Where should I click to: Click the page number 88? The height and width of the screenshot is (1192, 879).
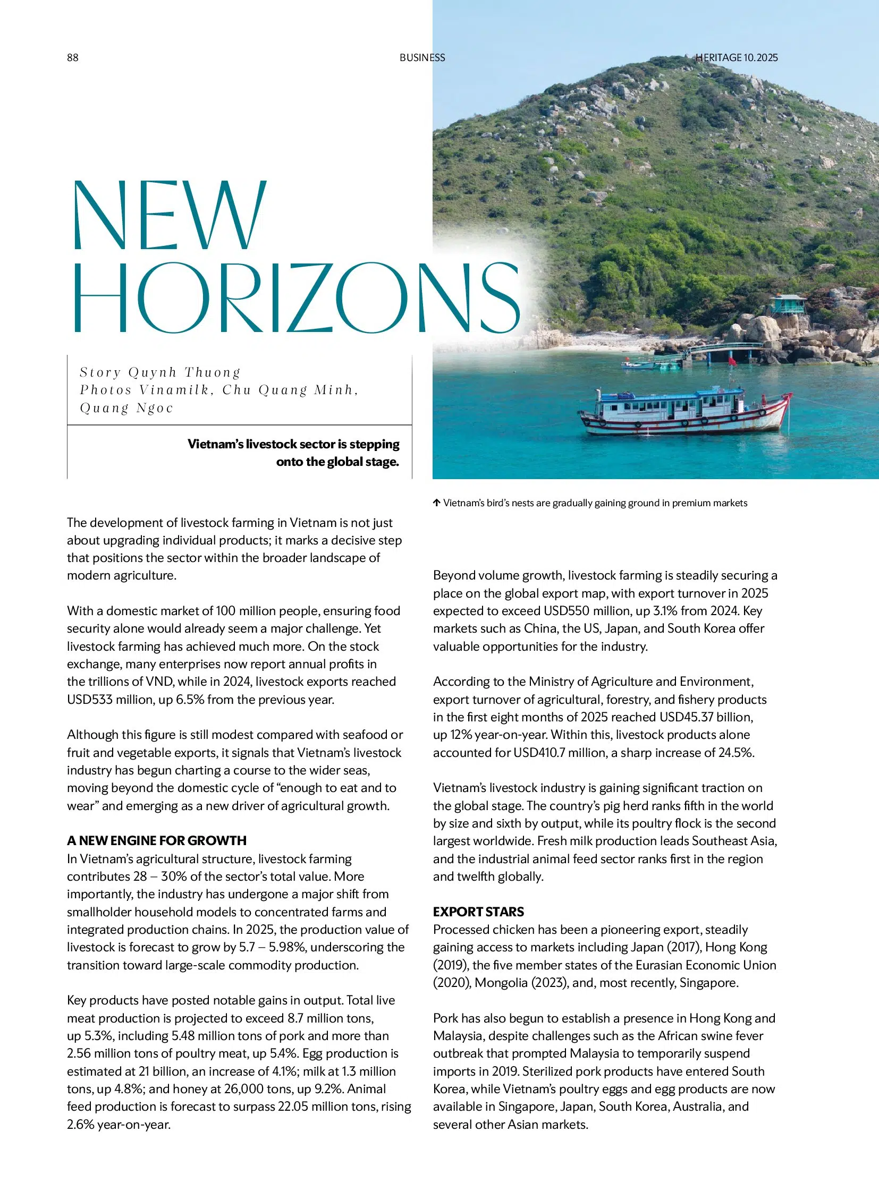tap(72, 57)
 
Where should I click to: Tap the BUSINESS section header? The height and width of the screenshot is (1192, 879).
tap(422, 57)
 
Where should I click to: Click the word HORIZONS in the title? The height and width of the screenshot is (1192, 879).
tap(296, 297)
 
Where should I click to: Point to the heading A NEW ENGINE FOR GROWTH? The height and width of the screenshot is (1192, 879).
tap(156, 840)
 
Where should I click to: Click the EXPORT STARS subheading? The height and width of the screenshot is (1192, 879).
tap(478, 912)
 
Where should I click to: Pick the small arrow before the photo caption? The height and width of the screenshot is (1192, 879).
tap(436, 503)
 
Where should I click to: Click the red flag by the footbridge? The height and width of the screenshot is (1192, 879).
tap(732, 361)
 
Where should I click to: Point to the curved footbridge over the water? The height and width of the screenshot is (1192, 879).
tap(724, 349)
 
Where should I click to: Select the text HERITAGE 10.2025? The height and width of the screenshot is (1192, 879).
tap(737, 57)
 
